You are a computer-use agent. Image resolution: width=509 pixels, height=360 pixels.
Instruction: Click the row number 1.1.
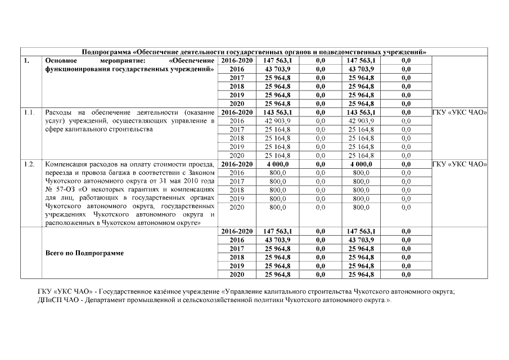tap(30, 112)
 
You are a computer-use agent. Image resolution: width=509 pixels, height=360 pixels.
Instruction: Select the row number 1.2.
tap(30, 164)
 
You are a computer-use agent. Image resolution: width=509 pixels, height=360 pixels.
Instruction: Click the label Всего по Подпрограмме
tap(84, 253)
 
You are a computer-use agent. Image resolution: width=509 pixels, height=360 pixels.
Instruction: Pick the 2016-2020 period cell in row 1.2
tap(237, 164)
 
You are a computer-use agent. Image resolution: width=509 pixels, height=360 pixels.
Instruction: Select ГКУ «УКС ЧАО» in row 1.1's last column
tap(459, 112)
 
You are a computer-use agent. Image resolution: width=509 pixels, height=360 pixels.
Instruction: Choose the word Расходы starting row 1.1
tap(58, 112)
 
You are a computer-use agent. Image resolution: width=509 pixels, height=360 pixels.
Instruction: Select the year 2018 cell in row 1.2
tap(237, 190)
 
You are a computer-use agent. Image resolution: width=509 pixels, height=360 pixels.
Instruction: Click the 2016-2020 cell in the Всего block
tap(237, 231)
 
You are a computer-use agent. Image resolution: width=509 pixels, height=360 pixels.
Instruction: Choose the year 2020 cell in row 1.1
tap(237, 155)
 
